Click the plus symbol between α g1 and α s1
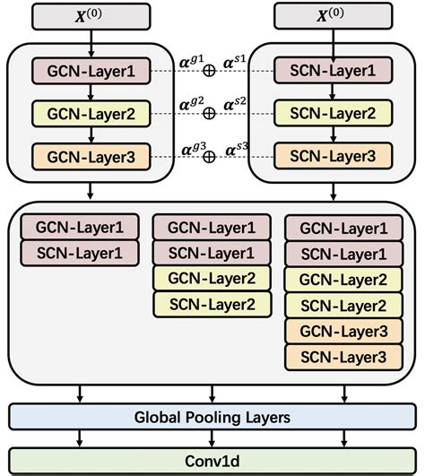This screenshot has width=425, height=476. [x=210, y=71]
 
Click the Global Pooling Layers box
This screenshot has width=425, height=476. [x=212, y=417]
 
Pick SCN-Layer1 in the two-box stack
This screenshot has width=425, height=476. [x=77, y=252]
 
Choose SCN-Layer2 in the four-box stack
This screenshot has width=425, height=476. [x=211, y=304]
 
